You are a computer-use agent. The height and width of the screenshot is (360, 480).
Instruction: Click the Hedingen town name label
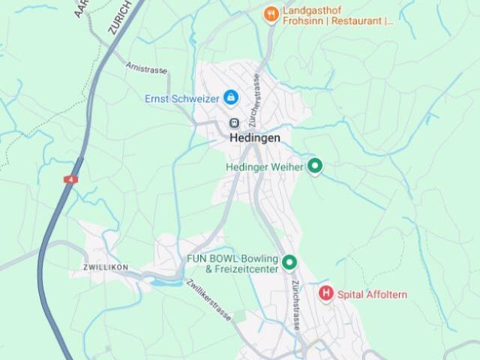[254, 138]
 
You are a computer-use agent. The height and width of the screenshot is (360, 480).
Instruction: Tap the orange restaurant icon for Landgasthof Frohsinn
[271, 13]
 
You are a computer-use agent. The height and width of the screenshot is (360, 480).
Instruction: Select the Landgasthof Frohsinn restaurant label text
[337, 16]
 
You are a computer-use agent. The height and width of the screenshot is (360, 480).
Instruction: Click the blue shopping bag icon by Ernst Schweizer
[231, 97]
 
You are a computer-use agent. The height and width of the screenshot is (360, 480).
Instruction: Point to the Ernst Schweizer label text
[182, 98]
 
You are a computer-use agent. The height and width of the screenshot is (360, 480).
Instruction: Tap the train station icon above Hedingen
[233, 122]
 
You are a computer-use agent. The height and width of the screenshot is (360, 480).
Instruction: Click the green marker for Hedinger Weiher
[315, 166]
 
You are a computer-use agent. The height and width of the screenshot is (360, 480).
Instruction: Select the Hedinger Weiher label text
[264, 167]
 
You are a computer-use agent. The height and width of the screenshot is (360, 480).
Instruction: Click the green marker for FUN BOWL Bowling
[289, 262]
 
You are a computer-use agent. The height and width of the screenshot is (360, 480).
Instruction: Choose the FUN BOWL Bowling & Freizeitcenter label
[232, 264]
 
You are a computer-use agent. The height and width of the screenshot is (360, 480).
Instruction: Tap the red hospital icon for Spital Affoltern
[326, 293]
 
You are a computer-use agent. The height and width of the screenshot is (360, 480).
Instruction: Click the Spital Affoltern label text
[372, 295]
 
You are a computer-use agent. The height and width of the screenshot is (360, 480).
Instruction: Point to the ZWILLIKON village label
[106, 267]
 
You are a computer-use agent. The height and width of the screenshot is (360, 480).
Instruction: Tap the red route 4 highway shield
[71, 180]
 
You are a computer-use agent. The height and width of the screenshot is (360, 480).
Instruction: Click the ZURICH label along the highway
[120, 17]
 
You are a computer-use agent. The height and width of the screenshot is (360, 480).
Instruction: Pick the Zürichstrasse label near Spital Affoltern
[297, 304]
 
